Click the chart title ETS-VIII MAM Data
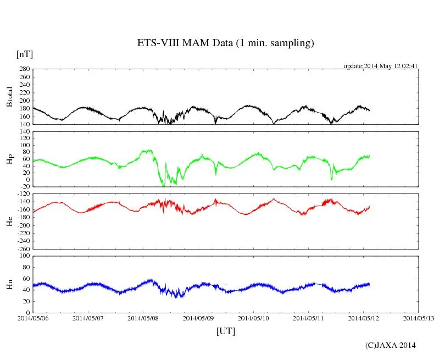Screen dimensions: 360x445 (225, 43)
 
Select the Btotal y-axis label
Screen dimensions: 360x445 (9, 97)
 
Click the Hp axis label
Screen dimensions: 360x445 (9, 159)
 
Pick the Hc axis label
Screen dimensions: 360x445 (9, 221)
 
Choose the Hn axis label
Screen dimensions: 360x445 (9, 284)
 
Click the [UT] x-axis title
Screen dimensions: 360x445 (225, 331)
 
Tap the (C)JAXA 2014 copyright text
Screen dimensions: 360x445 (391, 345)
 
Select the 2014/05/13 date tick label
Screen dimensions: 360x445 (419, 318)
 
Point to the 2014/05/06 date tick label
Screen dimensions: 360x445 (33, 318)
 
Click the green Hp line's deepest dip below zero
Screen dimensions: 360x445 (163, 186)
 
